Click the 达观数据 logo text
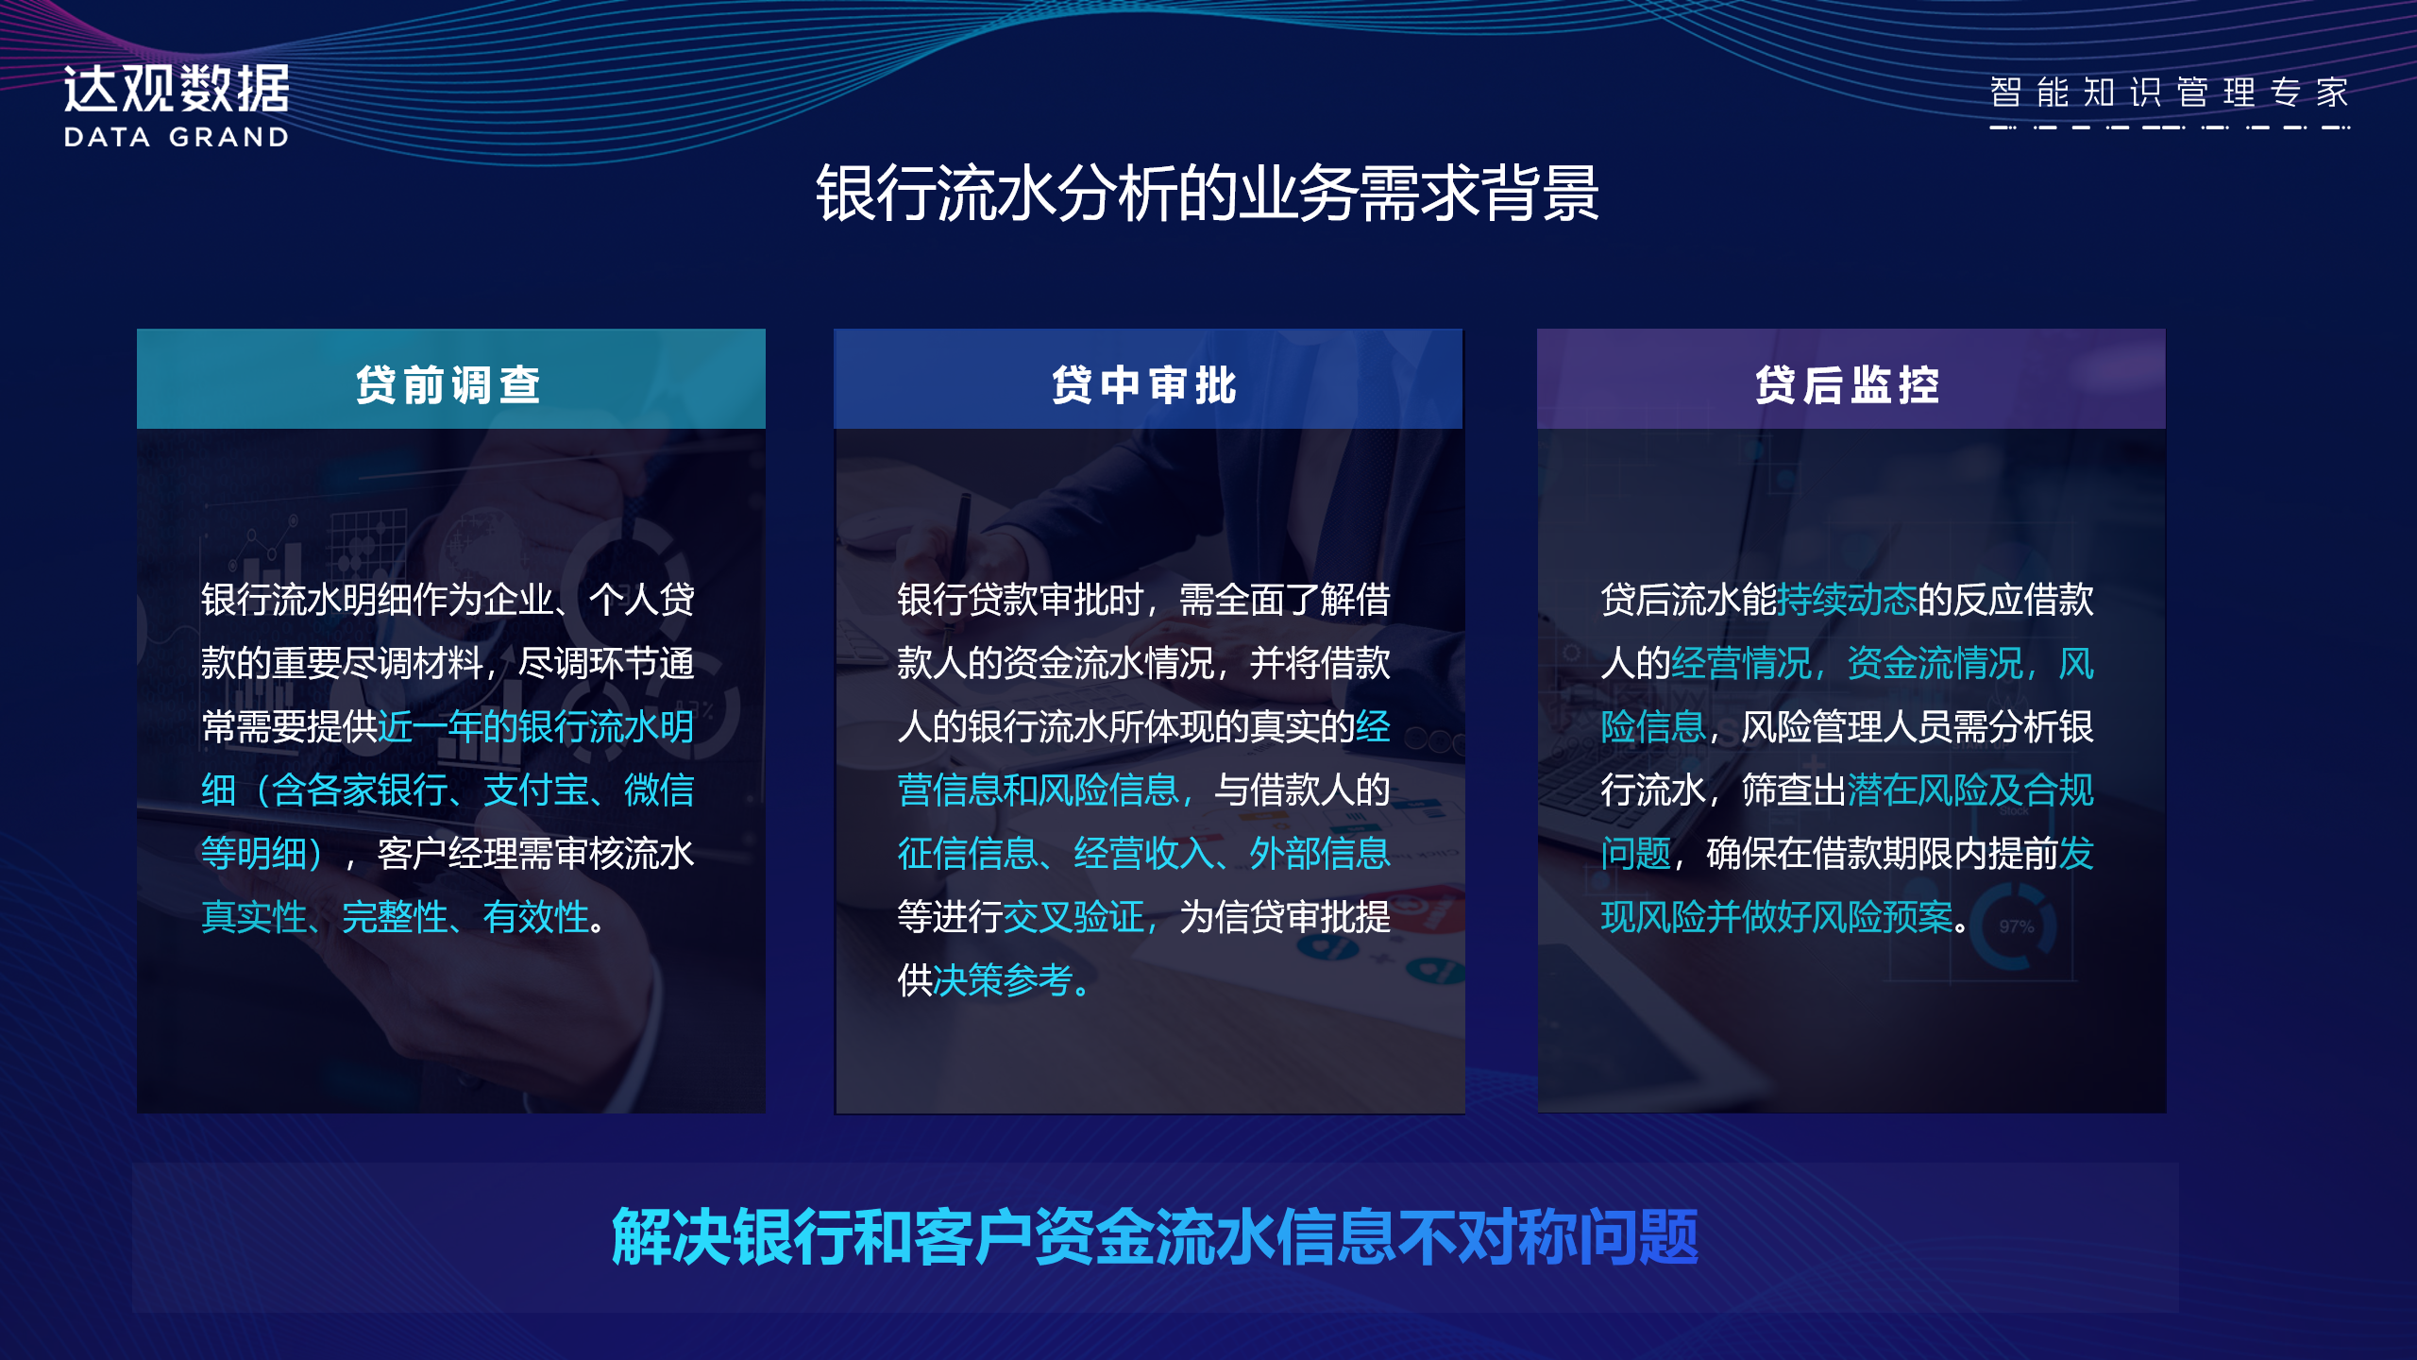coord(177,90)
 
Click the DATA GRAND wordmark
coord(177,137)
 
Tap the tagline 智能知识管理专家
coord(2169,93)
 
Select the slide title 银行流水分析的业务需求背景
coord(1208,194)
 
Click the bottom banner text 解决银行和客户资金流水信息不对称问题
coord(1155,1236)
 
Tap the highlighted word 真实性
coord(254,917)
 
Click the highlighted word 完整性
coord(395,917)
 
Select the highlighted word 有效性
coord(535,917)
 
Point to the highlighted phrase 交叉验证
coord(1073,917)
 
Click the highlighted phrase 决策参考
coord(1003,980)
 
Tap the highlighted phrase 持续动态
coord(1847,600)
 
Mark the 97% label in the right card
coord(2016,926)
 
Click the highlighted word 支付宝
coord(536,790)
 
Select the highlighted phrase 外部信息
coord(1320,854)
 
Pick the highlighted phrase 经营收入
coord(1143,854)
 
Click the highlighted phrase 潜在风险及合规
coord(1970,790)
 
